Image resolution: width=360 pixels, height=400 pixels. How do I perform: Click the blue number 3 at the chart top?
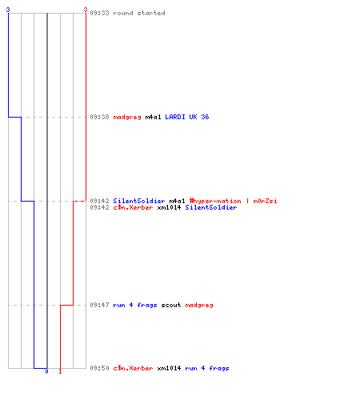point(8,10)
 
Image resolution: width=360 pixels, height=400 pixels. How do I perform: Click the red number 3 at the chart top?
point(86,10)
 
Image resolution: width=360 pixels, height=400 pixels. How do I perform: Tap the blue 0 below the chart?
point(46,371)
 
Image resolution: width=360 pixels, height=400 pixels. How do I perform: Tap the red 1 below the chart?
point(60,371)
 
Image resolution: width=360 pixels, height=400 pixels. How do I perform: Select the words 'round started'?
point(139,13)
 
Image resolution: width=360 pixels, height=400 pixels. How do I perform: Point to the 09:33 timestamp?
point(99,13)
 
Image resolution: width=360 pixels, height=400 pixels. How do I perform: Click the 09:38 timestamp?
point(99,117)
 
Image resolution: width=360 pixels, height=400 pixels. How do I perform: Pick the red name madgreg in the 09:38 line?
point(127,117)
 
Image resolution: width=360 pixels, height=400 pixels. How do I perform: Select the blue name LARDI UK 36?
point(187,117)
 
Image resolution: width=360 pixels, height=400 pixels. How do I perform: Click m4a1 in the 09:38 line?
point(153,117)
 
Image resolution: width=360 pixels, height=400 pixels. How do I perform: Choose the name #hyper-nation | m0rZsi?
point(234,201)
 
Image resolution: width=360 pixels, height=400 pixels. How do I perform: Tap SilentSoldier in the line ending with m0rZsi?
point(139,201)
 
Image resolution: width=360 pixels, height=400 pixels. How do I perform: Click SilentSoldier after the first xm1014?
point(211,207)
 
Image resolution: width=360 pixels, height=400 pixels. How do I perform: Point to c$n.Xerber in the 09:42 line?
point(133,207)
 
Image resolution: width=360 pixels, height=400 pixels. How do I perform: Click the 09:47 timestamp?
point(99,305)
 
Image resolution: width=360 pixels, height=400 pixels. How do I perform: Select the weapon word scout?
point(171,305)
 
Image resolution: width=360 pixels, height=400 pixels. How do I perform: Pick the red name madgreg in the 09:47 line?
point(199,305)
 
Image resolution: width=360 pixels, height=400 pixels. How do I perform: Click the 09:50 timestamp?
point(99,368)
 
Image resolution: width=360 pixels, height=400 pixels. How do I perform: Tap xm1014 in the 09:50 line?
point(169,368)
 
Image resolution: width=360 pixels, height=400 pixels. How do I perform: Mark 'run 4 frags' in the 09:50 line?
point(207,368)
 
